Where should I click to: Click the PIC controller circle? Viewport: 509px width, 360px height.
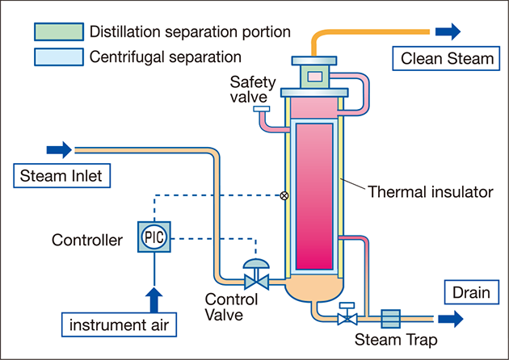[x=154, y=238]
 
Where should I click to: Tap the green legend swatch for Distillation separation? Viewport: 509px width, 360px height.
[x=58, y=32]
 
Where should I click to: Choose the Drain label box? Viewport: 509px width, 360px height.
[x=470, y=291]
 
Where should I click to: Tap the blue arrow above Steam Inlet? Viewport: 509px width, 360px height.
[x=59, y=149]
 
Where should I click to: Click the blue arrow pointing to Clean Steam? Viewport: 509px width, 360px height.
[x=448, y=31]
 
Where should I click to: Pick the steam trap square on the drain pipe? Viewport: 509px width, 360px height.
[x=390, y=318]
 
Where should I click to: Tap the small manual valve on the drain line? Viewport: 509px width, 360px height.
[x=346, y=316]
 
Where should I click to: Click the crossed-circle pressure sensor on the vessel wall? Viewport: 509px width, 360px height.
[x=284, y=195]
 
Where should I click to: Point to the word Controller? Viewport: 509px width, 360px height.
[x=87, y=240]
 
